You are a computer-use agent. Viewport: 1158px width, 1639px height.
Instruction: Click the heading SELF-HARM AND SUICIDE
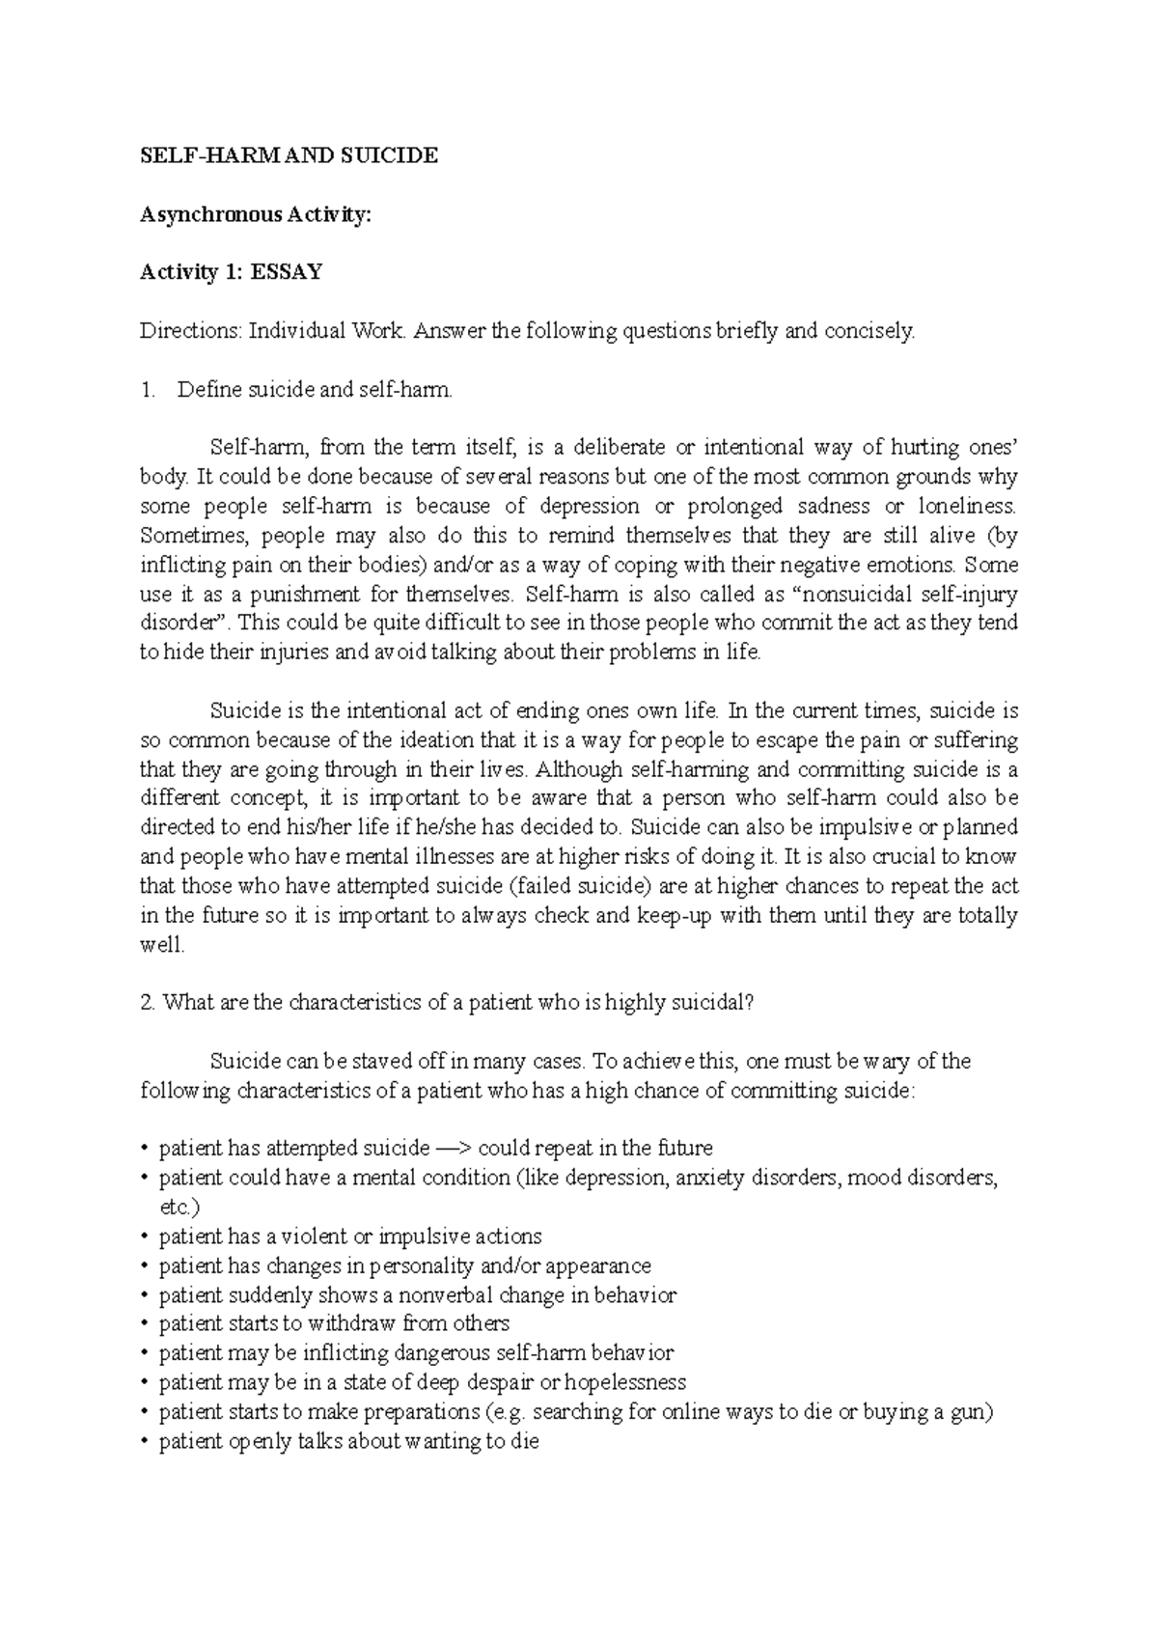289,155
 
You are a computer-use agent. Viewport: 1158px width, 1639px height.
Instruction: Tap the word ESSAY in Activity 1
287,272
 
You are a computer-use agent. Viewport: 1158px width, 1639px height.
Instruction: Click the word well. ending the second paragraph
161,945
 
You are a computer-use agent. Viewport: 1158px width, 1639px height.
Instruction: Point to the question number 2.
147,1003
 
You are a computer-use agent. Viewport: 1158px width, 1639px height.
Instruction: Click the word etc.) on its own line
179,1207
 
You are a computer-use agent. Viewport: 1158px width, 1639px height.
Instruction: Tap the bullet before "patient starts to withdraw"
145,1324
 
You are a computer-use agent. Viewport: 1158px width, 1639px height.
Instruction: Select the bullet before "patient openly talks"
145,1442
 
